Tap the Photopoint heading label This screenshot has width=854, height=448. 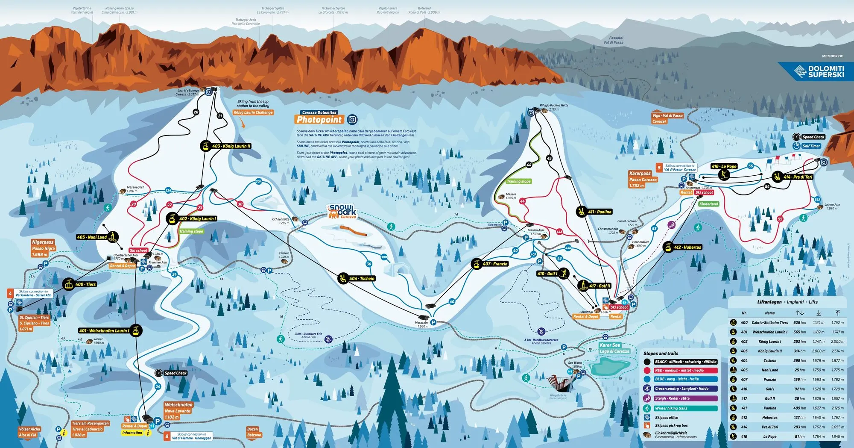click(x=319, y=120)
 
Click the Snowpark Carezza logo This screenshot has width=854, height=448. click(x=342, y=212)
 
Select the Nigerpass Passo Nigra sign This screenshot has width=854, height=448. click(x=43, y=248)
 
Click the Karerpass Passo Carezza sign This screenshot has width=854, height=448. click(x=643, y=180)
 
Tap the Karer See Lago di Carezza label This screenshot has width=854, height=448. click(x=614, y=348)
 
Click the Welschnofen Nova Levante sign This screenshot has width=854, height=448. click(x=178, y=410)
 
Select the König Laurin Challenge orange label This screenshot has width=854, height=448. click(x=253, y=112)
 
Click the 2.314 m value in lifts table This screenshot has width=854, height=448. click(x=837, y=351)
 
